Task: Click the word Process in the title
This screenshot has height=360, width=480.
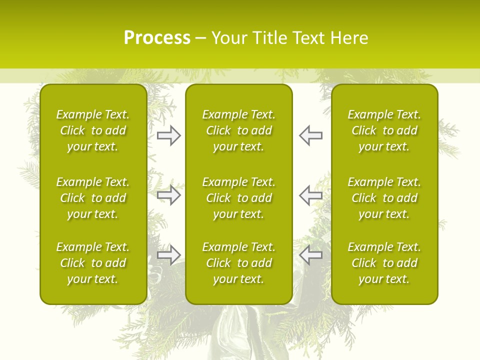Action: tap(157, 38)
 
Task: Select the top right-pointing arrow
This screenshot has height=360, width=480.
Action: tap(169, 135)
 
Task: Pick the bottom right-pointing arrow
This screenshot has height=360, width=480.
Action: tap(169, 254)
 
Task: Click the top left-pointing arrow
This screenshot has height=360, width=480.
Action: tap(310, 135)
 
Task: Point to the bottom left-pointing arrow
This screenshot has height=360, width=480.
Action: tap(310, 254)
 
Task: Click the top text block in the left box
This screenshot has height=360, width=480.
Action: tap(93, 130)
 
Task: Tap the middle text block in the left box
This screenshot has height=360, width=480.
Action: tap(93, 198)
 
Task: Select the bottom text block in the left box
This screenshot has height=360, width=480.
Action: tap(93, 263)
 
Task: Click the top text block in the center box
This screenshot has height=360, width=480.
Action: tap(238, 130)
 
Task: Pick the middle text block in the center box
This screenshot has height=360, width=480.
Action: tap(238, 198)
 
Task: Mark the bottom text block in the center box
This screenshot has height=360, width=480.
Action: tap(238, 263)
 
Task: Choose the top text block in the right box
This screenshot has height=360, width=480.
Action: tap(384, 130)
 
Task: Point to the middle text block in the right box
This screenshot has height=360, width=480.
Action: tap(384, 198)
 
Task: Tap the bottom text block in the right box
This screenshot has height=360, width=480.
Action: tap(384, 263)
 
